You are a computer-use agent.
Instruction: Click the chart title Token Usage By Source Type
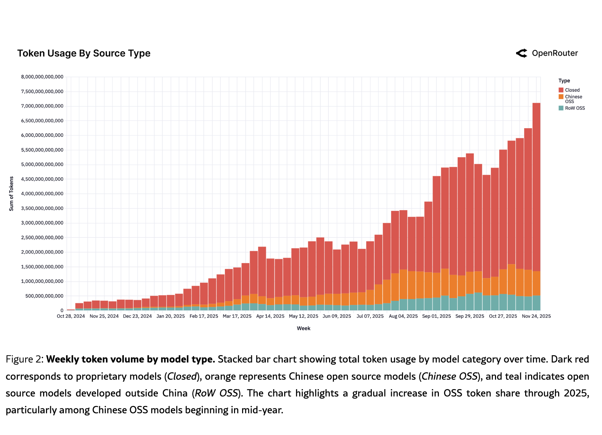84,53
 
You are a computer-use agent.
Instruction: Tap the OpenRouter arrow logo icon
522,53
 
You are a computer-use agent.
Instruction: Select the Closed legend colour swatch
561,90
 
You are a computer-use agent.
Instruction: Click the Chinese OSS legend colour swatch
561,97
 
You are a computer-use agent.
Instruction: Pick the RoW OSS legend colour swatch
561,108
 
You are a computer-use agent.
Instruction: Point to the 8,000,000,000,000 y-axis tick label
42,77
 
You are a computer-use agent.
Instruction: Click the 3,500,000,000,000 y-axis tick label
42,208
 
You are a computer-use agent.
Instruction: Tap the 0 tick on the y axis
62,311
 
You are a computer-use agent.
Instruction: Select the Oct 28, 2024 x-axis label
71,316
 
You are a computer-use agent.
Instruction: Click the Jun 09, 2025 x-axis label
337,316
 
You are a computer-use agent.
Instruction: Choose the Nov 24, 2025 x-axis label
536,316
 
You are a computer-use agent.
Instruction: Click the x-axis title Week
303,329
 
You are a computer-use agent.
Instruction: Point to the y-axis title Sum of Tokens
11,194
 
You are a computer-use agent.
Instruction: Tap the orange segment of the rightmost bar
536,283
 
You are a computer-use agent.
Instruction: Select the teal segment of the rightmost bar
536,303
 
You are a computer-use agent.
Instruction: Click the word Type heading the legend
564,81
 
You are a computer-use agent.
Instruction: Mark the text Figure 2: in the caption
25,360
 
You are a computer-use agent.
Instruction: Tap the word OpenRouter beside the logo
555,53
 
